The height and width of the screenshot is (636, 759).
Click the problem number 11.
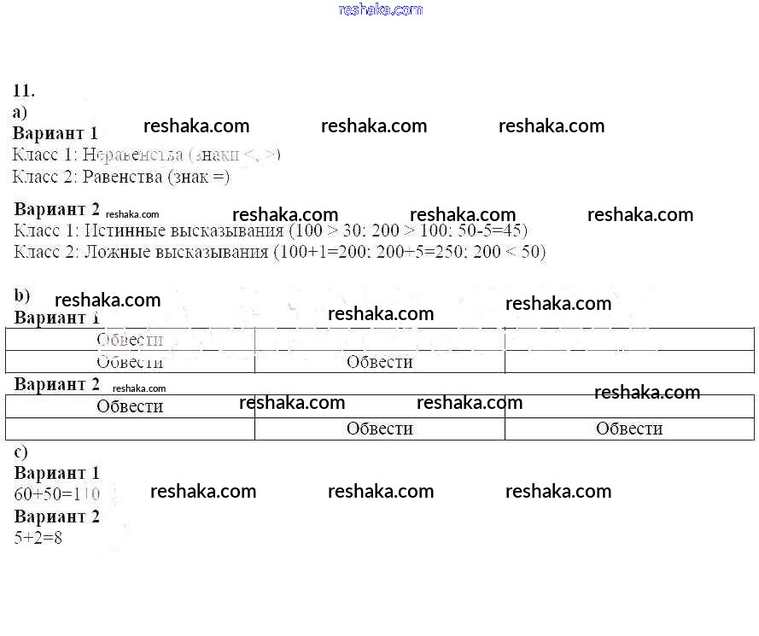coord(23,90)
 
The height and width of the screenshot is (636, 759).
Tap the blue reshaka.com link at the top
coord(380,9)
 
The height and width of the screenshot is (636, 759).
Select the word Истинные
coord(127,230)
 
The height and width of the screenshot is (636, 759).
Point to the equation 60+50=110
coord(57,494)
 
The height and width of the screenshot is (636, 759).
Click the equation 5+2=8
coord(38,539)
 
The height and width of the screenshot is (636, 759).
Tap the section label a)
coord(20,112)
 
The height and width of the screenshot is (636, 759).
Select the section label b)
coord(21,296)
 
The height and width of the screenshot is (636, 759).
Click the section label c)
coord(20,452)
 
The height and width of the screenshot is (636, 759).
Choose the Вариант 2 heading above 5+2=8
coord(56,516)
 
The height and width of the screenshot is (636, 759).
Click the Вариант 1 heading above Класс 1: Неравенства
coord(55,133)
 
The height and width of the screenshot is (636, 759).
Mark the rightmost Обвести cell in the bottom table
coord(629,429)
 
